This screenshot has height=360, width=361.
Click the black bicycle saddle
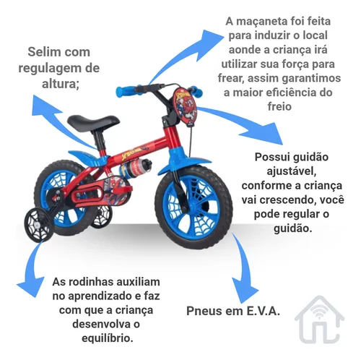(x=92, y=121)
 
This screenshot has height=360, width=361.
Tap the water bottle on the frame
(x=136, y=167)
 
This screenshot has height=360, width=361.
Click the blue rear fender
(x=88, y=158)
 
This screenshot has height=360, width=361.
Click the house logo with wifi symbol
(x=320, y=319)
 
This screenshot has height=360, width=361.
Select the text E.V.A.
(x=264, y=311)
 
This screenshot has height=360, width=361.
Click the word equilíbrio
(x=108, y=338)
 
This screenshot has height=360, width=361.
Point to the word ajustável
(x=291, y=171)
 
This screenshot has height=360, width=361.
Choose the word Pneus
(x=202, y=311)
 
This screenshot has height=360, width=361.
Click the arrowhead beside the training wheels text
(x=30, y=286)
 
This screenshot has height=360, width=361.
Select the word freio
(x=279, y=106)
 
